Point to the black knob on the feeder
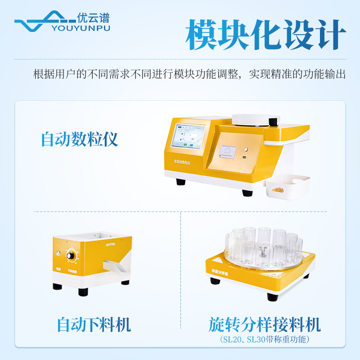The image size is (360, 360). tap(71, 256)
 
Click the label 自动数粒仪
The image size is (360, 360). tap(80, 139)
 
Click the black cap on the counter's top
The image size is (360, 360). tap(272, 121)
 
